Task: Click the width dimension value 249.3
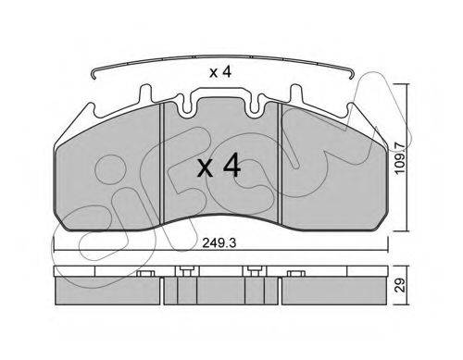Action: (x=219, y=243)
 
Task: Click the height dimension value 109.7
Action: (x=400, y=158)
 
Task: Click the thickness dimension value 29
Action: (x=400, y=285)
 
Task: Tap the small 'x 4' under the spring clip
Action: (x=220, y=72)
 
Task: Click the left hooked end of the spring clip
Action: (x=94, y=75)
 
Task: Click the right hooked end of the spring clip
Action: (x=351, y=75)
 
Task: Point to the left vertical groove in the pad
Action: (x=162, y=163)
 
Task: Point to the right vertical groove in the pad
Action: (x=280, y=163)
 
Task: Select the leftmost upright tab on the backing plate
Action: (x=145, y=93)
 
